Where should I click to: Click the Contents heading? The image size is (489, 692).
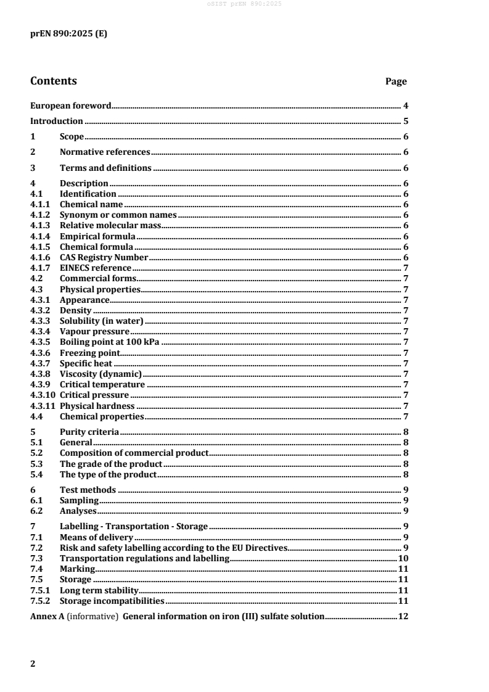(x=54, y=81)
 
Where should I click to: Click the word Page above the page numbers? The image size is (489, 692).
(x=395, y=81)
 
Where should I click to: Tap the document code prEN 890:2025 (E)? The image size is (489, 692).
(x=68, y=35)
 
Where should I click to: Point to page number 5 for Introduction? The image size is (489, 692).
(x=406, y=122)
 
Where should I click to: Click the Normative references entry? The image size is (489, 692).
(x=104, y=152)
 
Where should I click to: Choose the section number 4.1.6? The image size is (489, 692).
(x=40, y=257)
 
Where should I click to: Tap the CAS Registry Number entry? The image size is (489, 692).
(x=104, y=257)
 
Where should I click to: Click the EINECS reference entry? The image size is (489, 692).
(x=95, y=268)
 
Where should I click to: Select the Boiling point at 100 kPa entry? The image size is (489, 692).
(x=110, y=342)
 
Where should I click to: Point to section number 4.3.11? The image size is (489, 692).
(x=43, y=405)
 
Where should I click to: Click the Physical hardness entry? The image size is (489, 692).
(x=97, y=405)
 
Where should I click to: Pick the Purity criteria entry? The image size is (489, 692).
(x=89, y=432)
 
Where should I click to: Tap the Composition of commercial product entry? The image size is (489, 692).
(x=134, y=453)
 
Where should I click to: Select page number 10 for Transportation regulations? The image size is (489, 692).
(x=403, y=558)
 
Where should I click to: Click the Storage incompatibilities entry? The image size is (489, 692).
(x=112, y=600)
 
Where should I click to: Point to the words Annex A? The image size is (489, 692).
(x=47, y=616)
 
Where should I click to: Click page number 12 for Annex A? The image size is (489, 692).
(x=403, y=616)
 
